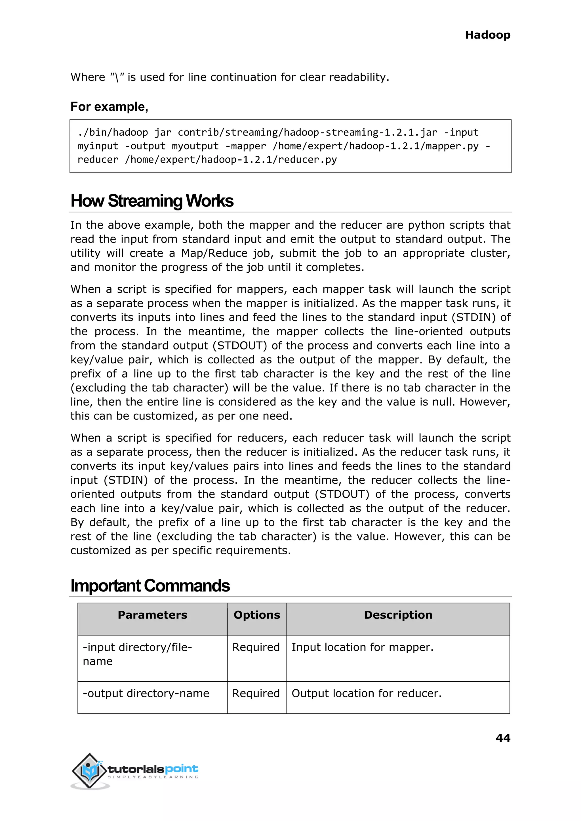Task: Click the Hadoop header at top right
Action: (487, 35)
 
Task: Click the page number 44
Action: (503, 738)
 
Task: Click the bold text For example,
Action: (109, 107)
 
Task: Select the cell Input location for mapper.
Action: (362, 647)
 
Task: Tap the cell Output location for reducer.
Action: (366, 693)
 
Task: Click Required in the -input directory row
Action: (256, 647)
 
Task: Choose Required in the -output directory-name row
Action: (256, 693)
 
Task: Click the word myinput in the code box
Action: (97, 146)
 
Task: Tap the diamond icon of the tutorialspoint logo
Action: (89, 770)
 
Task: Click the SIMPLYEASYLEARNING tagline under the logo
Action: (153, 777)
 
